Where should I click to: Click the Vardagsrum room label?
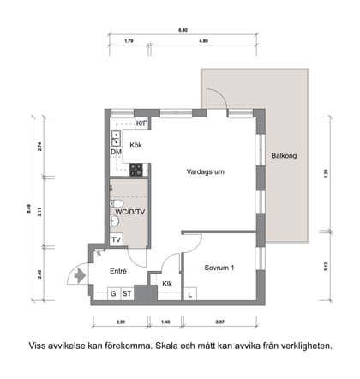[205, 171]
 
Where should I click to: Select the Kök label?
[135, 145]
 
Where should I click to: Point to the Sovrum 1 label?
[219, 267]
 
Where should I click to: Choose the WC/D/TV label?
[129, 210]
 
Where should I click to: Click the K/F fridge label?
[142, 124]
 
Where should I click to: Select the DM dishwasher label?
[116, 152]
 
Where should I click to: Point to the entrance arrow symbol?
[81, 276]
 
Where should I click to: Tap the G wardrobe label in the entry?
[113, 293]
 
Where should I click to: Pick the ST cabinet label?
[127, 293]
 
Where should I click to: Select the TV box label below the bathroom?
[116, 239]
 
